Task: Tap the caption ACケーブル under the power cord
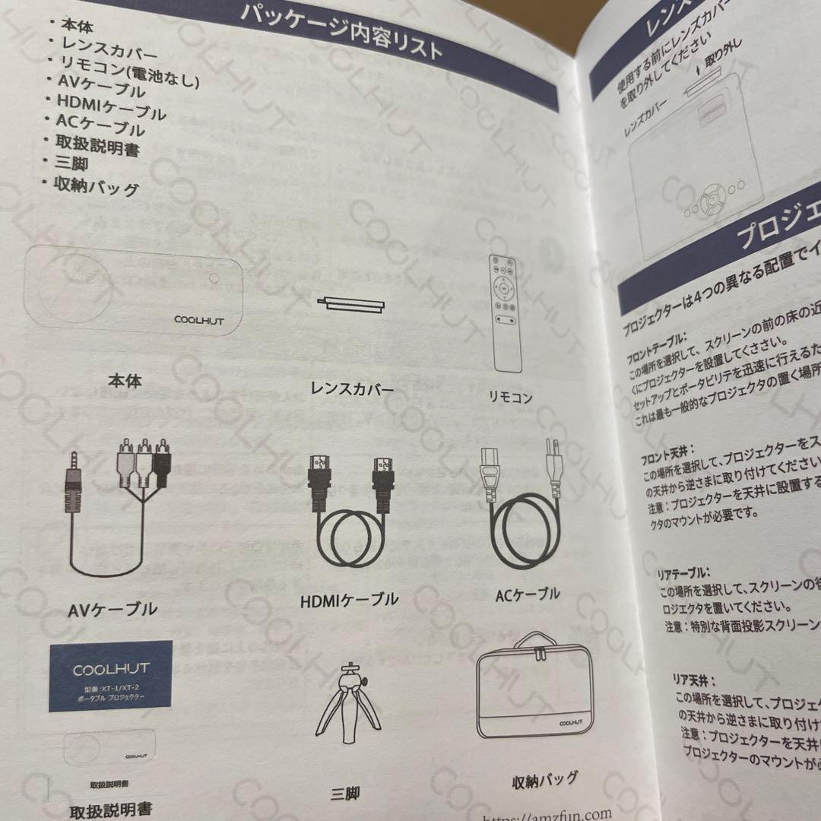pos(528,594)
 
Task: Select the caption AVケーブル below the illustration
pos(113,609)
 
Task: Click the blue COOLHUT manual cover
pos(111,676)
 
